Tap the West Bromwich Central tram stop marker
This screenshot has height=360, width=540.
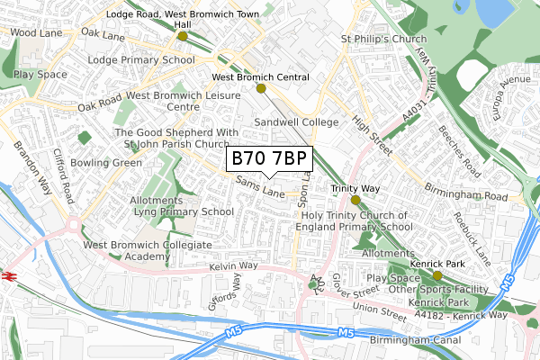pyautogui.click(x=261, y=88)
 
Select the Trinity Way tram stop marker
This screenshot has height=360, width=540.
pyautogui.click(x=355, y=200)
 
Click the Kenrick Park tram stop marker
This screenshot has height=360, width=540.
pyautogui.click(x=437, y=275)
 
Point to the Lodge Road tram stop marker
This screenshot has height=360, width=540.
pyautogui.click(x=183, y=37)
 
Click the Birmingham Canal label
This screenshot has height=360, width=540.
pyautogui.click(x=414, y=341)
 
